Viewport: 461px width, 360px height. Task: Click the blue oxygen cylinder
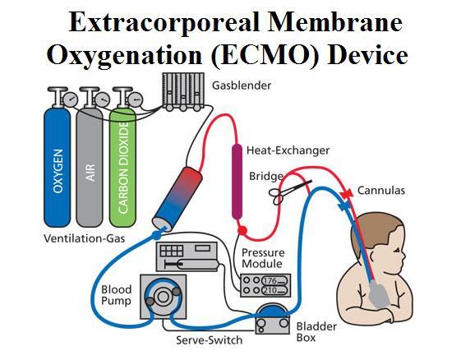57,167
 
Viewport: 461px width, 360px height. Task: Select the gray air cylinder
90,167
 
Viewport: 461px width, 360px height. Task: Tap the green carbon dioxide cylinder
122,167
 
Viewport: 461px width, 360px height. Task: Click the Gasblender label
242,85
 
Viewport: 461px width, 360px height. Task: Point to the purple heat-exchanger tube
237,182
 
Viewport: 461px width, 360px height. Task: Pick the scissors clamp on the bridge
288,192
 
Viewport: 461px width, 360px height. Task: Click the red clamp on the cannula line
346,194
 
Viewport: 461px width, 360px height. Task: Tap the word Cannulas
381,191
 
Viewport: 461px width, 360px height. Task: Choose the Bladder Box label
316,332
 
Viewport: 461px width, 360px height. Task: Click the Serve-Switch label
210,340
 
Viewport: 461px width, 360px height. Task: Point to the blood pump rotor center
163,297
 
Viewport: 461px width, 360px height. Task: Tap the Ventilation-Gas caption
85,238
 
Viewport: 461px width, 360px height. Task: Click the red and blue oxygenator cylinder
177,199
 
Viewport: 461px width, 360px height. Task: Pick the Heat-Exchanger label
288,150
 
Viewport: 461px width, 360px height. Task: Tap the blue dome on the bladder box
272,312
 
